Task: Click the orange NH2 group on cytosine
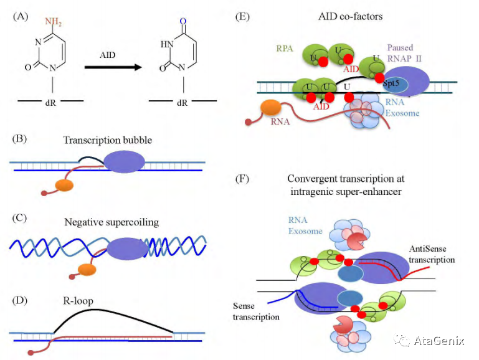point(53,22)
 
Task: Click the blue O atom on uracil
point(183,21)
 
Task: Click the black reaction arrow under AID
point(113,67)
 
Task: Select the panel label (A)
point(21,16)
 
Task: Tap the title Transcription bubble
point(108,140)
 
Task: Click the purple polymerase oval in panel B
point(124,162)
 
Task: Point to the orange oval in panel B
point(64,185)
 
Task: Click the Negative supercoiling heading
point(111,222)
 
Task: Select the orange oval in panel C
point(87,270)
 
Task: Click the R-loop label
point(78,301)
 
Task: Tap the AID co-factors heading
point(351,16)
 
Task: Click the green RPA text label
point(285,48)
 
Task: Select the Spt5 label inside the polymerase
point(391,83)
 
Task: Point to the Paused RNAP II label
point(404,53)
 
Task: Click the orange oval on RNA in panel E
point(271,108)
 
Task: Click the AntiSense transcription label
point(432,254)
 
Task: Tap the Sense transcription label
point(256,311)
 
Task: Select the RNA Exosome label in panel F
point(305,225)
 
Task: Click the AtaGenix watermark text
point(439,341)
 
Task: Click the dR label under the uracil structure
point(182,103)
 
